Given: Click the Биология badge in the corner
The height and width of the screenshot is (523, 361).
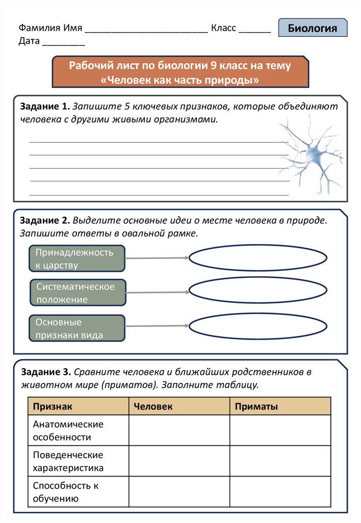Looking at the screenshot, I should (313, 28).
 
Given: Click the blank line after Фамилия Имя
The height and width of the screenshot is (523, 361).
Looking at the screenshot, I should (146, 30).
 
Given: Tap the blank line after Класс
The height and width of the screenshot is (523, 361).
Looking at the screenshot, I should (254, 30).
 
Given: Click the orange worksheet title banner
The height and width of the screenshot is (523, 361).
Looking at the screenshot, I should (181, 73).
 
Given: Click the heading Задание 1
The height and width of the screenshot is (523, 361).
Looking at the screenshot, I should (44, 107).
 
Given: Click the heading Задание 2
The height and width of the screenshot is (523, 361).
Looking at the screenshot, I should (44, 221).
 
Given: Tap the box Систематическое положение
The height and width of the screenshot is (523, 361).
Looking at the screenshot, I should (77, 293).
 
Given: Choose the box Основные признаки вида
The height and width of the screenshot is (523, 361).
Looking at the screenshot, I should (77, 328).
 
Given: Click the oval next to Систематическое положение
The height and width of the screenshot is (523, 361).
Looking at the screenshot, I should (258, 292).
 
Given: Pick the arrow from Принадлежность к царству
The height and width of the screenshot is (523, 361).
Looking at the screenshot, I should (157, 258).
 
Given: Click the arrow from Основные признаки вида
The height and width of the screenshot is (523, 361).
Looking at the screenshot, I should (157, 326).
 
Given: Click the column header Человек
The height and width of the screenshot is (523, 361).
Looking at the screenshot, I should (153, 407).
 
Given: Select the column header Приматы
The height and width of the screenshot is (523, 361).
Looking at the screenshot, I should (256, 407).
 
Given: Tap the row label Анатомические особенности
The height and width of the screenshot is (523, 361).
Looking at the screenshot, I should (68, 431).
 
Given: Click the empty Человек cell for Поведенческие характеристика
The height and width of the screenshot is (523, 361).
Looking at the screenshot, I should (179, 461).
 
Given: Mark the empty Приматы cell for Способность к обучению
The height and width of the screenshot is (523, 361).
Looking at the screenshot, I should (280, 492).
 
